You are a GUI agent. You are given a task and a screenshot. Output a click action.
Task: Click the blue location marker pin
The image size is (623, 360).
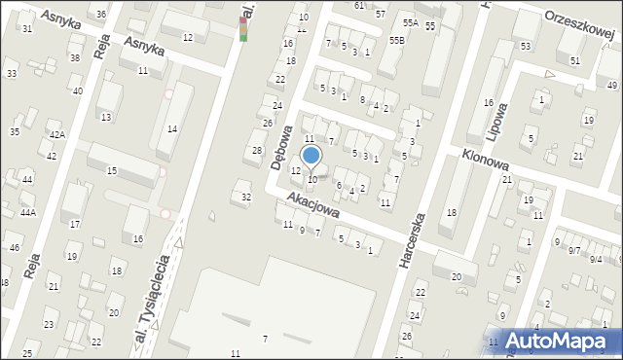[311, 157]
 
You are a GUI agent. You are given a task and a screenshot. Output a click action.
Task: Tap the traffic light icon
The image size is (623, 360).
[243, 28]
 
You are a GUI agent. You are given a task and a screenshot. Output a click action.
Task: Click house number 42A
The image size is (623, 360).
[57, 135]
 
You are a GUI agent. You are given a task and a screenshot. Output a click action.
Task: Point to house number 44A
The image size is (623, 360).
[28, 212]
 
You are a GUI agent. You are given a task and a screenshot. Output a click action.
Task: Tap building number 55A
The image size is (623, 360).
[411, 22]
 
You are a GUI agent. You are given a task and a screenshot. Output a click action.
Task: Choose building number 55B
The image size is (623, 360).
[396, 40]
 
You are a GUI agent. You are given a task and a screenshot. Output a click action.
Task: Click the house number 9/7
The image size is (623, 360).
[574, 251]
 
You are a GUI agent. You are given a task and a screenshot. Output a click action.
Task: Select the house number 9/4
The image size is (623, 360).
[596, 260]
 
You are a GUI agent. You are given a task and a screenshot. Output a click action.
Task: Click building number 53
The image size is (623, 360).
[526, 47]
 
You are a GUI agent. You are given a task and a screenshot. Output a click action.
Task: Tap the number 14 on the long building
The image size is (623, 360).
[172, 128]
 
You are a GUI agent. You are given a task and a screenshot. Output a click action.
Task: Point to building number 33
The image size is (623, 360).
[12, 74]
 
